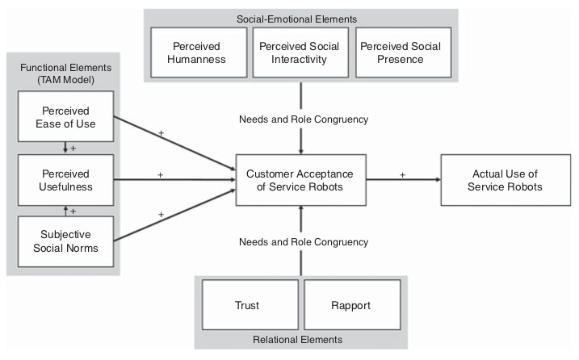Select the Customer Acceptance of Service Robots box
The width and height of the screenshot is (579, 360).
coord(301,180)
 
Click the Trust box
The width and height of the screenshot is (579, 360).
coord(249,306)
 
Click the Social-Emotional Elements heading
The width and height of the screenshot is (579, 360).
coord(300,18)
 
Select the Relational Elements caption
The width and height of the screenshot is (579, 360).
coord(300,340)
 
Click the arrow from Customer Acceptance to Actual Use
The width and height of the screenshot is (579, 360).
coord(403,180)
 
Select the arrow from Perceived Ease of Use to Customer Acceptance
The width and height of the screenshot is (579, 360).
coord(174,142)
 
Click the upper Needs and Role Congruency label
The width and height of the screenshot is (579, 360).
coord(304,119)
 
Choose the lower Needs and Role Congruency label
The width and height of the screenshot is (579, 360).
coord(304,241)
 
